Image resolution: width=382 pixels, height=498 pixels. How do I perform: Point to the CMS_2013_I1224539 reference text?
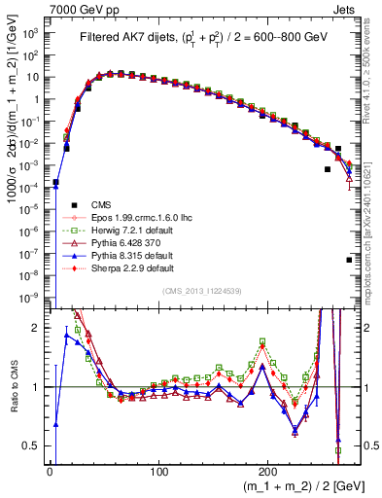pyautogui.click(x=202, y=292)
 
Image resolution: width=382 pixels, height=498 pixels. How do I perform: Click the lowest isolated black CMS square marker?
pyautogui.click(x=349, y=260)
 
